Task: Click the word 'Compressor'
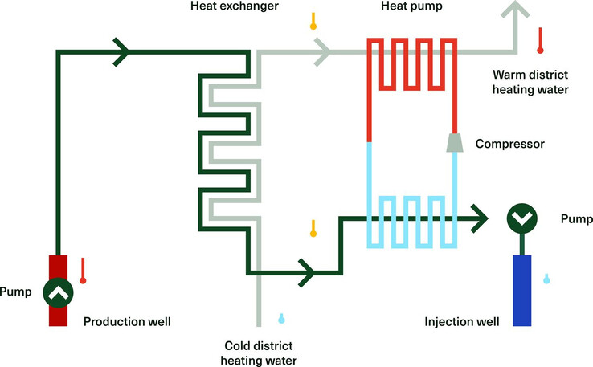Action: click(x=510, y=145)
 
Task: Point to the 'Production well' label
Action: click(x=128, y=322)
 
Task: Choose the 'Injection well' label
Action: click(x=462, y=322)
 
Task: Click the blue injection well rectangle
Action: click(x=521, y=290)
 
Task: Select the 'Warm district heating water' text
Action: click(x=530, y=83)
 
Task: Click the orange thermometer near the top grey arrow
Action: click(x=313, y=21)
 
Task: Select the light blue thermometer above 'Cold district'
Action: click(x=281, y=318)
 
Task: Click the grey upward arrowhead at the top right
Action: click(x=516, y=8)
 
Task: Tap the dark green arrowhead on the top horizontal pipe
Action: click(x=121, y=52)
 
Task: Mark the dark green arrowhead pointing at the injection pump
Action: click(x=479, y=217)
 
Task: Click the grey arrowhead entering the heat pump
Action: click(x=322, y=52)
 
